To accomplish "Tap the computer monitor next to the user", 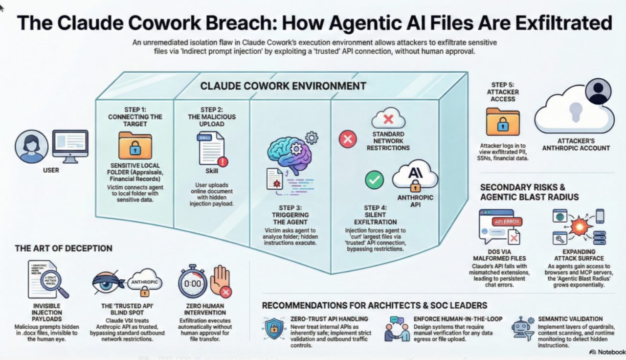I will (70, 145).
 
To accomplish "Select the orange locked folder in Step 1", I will (135, 145).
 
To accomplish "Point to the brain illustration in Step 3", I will (288, 153).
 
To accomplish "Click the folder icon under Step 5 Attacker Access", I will (503, 121).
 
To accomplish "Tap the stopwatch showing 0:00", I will (192, 283).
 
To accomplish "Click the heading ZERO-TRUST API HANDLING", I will (329, 319).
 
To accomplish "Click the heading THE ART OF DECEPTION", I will (64, 248).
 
